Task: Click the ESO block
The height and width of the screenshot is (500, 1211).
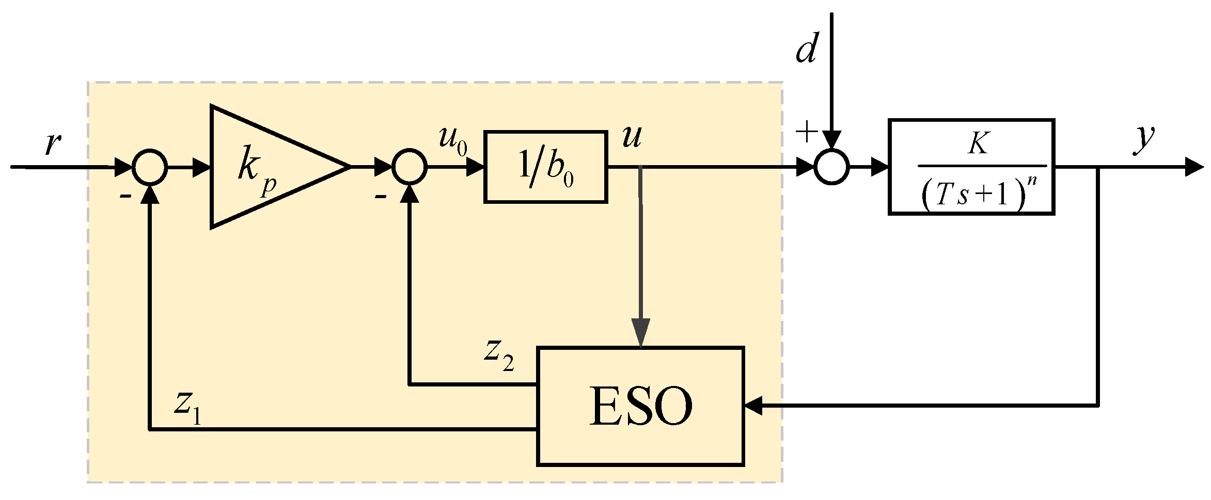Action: pyautogui.click(x=640, y=406)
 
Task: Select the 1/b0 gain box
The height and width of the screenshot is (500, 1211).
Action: pyautogui.click(x=545, y=167)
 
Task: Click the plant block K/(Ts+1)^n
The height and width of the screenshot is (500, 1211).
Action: pyautogui.click(x=971, y=167)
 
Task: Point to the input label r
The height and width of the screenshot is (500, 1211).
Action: pyautogui.click(x=52, y=143)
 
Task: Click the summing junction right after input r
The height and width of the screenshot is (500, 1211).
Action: pyautogui.click(x=150, y=167)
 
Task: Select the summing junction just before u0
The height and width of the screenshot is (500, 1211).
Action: pyautogui.click(x=410, y=167)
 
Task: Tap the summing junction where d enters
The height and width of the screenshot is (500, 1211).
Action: pyautogui.click(x=831, y=167)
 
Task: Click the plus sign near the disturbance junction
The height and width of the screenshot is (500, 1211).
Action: pyautogui.click(x=807, y=132)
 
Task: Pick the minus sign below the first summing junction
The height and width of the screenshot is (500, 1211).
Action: pyautogui.click(x=124, y=197)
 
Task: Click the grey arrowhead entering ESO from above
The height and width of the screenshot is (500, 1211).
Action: pyautogui.click(x=641, y=332)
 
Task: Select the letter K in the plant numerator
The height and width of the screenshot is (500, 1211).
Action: pyautogui.click(x=978, y=143)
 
